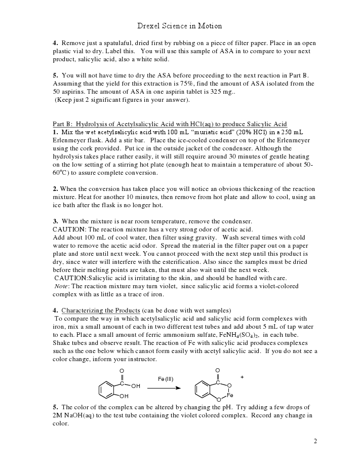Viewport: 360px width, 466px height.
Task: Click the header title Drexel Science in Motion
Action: (180, 26)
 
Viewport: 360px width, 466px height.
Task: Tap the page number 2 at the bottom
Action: (315, 441)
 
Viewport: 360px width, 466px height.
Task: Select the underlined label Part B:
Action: (63, 124)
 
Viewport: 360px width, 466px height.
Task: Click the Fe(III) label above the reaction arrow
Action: (166, 378)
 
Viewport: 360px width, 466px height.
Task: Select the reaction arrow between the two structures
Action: (164, 388)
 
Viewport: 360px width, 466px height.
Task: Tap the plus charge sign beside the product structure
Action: (242, 377)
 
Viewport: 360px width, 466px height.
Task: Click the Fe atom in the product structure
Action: (230, 395)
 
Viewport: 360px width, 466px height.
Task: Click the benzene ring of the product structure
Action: (204, 390)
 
